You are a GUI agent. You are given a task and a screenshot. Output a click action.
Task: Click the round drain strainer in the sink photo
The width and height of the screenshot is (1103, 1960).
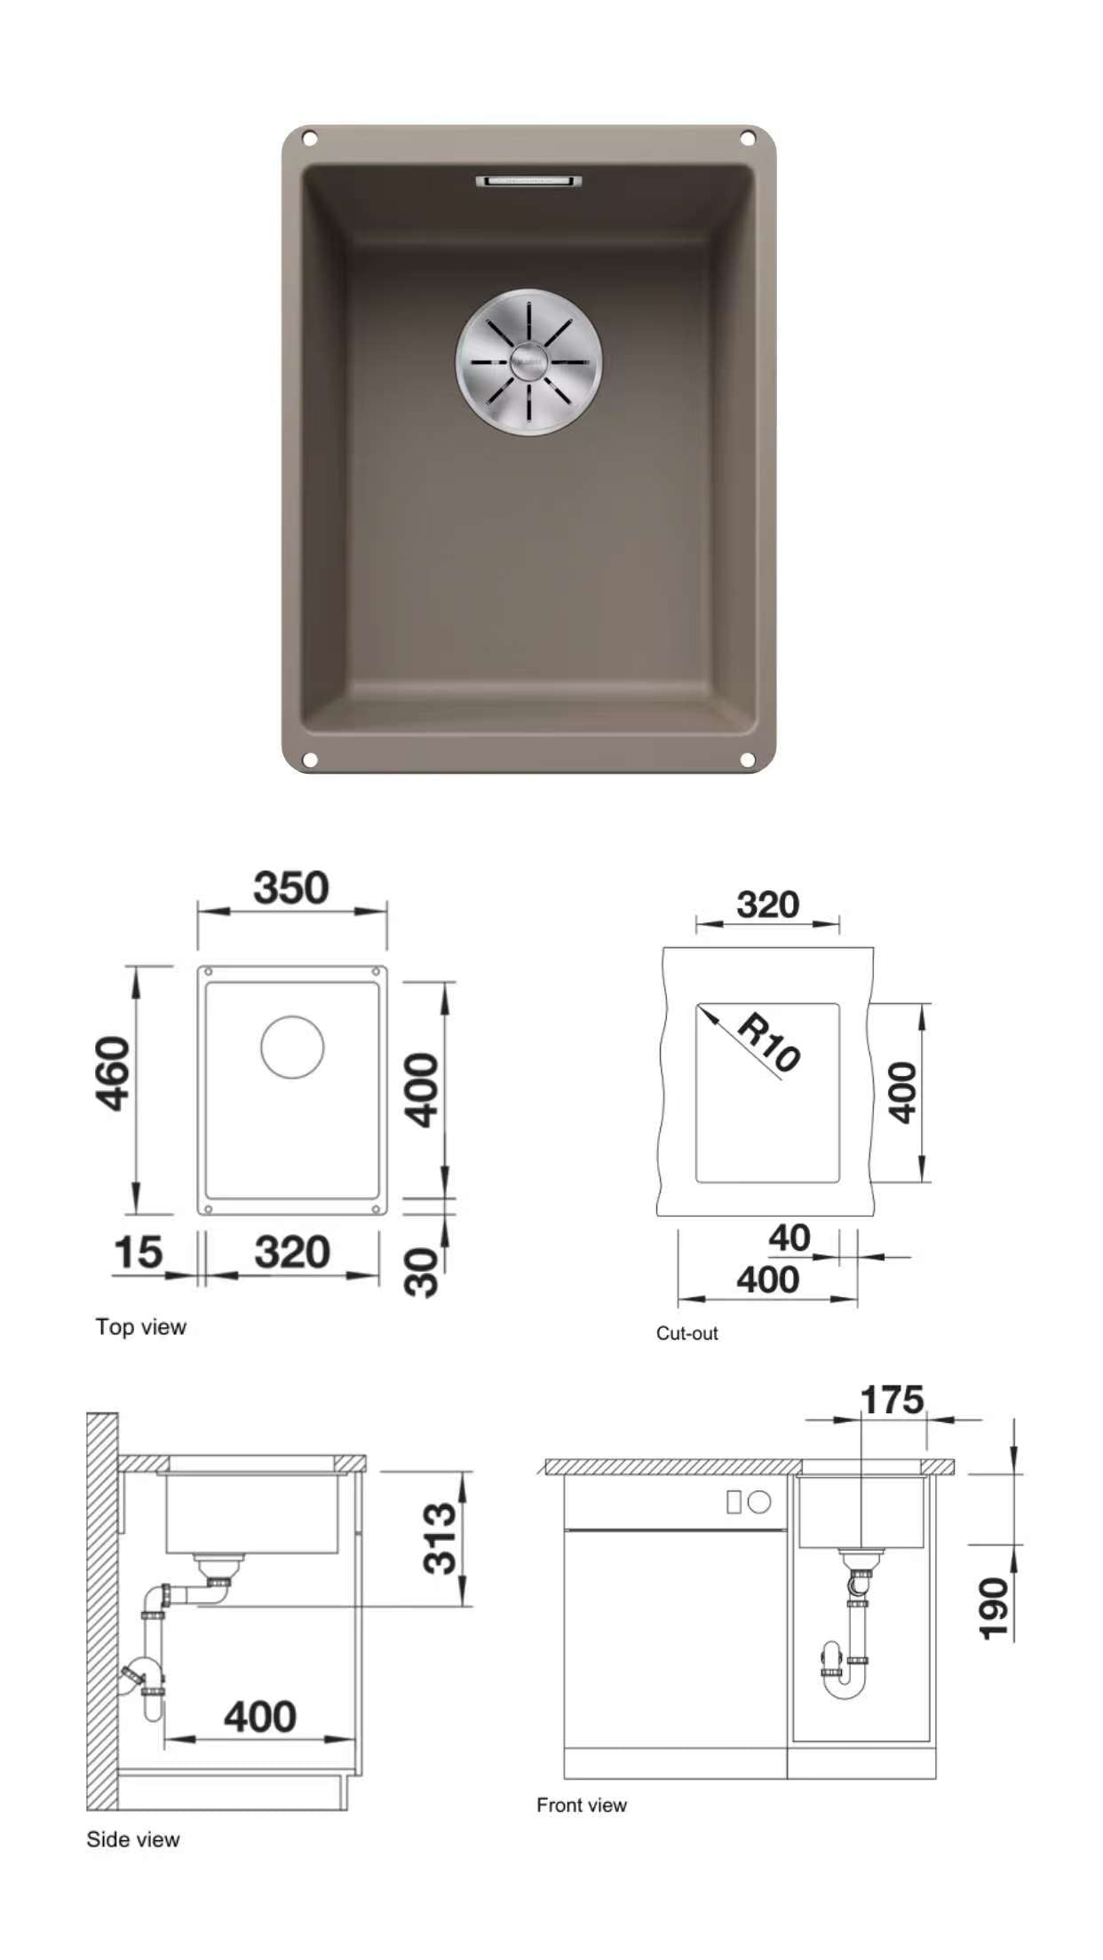pos(528,361)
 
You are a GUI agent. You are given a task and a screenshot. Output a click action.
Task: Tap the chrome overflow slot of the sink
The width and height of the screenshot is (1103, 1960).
pos(528,181)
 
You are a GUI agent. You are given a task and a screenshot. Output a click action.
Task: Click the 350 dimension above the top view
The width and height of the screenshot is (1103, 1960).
pos(291,888)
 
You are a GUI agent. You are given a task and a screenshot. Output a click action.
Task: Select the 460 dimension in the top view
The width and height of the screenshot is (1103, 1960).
pos(114,1073)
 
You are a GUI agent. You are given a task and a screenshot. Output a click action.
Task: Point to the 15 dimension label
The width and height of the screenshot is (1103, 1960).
pos(139,1253)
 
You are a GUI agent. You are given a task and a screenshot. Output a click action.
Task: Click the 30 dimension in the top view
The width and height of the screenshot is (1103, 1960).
pos(422,1272)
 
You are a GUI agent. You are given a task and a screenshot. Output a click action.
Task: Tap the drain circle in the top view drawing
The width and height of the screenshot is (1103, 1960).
pos(292,1047)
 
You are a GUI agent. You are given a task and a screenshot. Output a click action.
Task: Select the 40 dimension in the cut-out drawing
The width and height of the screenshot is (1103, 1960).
pos(790,1237)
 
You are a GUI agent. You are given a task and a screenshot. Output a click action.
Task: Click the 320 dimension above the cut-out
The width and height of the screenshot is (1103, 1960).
pos(768,905)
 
